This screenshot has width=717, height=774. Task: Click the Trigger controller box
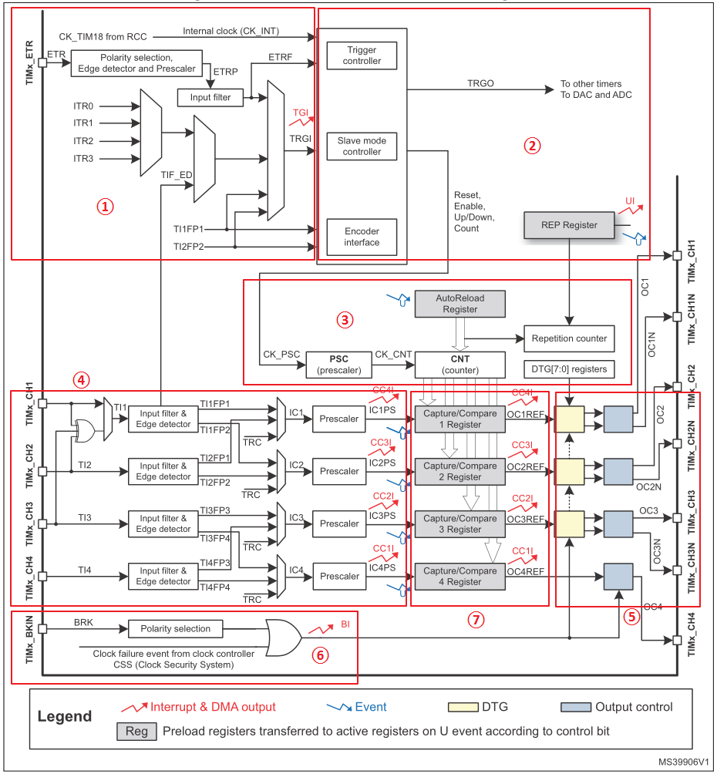(x=362, y=56)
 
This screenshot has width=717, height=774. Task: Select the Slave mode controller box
(x=362, y=146)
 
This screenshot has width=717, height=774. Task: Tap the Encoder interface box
(x=362, y=237)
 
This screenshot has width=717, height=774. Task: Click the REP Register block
(x=569, y=225)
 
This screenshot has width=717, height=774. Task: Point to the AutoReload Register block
(x=459, y=304)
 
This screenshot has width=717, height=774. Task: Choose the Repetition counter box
(x=569, y=338)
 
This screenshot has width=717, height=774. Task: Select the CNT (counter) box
(x=459, y=365)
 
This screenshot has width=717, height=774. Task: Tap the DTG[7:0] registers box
(x=569, y=369)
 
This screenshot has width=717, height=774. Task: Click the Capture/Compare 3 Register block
(x=459, y=524)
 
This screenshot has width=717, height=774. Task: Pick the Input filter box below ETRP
(x=210, y=98)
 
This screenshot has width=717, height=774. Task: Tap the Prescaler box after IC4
(x=339, y=577)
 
